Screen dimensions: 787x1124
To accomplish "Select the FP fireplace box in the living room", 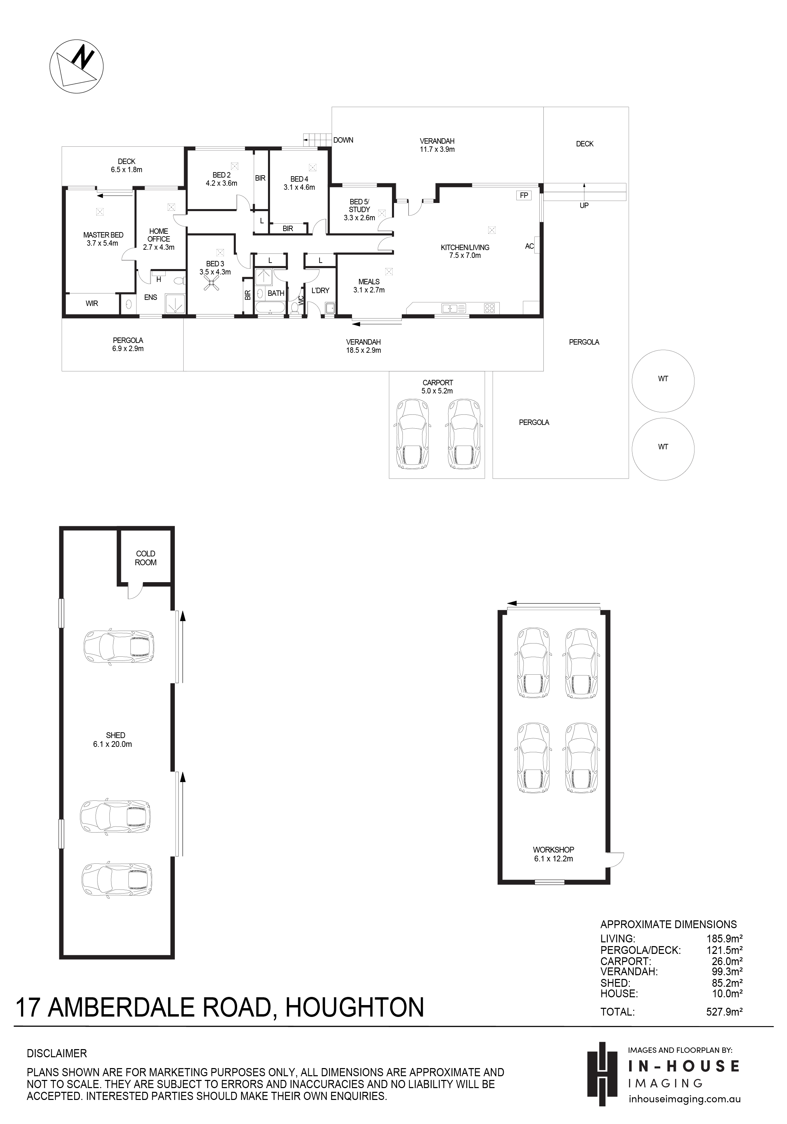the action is coord(524,195).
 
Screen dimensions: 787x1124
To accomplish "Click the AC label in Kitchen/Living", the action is coord(529,246).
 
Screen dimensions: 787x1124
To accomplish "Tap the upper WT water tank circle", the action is coord(663,381).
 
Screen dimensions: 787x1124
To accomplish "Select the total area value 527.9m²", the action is coord(724,1012).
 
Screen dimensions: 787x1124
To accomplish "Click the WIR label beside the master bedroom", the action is coord(92,304).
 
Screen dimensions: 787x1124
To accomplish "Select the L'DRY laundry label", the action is coord(320,291).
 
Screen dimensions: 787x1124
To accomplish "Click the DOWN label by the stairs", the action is coord(343,140).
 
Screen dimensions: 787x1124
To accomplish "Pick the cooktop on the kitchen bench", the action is coord(490,308).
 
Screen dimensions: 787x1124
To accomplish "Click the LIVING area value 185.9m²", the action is coord(724,939).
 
